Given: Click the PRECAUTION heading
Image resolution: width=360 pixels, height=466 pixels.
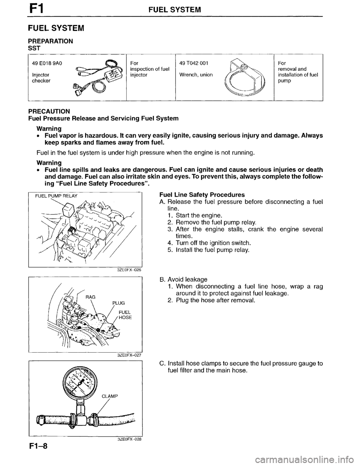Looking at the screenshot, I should pyautogui.click(x=49, y=111).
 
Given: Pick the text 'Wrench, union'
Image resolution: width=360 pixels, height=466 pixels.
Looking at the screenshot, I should pyautogui.click(x=196, y=74).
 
